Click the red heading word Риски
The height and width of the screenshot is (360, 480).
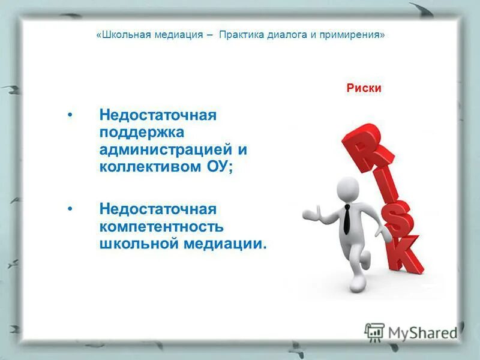(364, 88)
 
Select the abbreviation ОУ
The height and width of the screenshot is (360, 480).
(220, 166)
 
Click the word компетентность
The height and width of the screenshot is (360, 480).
(161, 227)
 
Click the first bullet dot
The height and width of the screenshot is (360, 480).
(71, 114)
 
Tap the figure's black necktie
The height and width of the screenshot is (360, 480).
(347, 218)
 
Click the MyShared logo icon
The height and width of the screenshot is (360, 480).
(374, 332)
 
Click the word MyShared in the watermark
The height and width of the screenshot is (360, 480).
(422, 333)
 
